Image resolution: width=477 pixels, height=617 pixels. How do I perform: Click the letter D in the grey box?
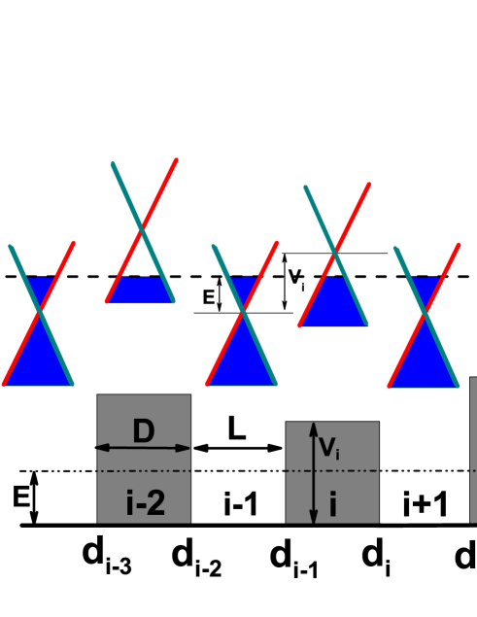tap(143, 430)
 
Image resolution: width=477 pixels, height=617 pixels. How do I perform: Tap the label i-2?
tap(146, 502)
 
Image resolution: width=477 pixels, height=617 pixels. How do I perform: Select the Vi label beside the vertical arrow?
tap(329, 448)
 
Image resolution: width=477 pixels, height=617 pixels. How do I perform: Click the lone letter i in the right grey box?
tap(332, 503)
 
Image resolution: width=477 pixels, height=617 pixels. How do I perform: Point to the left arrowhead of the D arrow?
tap(102, 448)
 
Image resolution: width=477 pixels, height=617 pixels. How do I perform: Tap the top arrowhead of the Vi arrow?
tap(313, 428)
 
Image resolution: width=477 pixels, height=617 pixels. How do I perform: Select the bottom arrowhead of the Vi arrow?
tap(313, 517)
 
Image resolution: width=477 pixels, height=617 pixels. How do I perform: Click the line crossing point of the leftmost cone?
tap(39, 312)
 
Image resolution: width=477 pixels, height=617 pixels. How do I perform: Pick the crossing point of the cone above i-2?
tap(143, 229)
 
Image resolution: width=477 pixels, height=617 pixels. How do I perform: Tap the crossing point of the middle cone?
tap(243, 312)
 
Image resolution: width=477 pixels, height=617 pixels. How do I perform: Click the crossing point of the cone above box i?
tap(335, 253)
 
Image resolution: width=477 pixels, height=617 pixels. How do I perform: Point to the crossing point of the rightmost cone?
tap(425, 314)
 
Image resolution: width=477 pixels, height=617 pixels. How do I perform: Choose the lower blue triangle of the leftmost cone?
tap(39, 360)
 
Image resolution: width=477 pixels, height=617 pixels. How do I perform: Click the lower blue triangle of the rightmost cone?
tap(425, 360)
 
